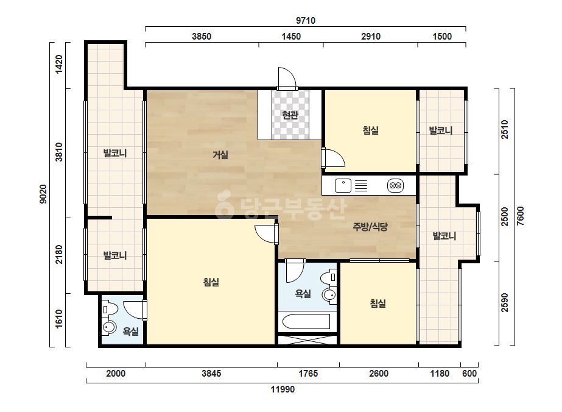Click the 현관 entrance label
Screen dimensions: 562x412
[x=290, y=115]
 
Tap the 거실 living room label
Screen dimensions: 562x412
[x=220, y=155]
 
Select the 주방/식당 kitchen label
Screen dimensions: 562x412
[x=370, y=227]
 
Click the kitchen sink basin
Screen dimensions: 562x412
[x=343, y=185]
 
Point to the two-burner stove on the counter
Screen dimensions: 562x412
[x=395, y=185]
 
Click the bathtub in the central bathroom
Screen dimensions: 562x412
[x=306, y=322]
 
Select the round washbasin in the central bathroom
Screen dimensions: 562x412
[x=329, y=295]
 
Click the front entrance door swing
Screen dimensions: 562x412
[x=287, y=77]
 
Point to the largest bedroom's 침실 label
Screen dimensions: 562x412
[x=211, y=282]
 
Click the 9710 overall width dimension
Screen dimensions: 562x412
[x=306, y=21]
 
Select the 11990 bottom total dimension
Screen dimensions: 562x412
[x=283, y=389]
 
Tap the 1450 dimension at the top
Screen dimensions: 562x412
[x=291, y=36]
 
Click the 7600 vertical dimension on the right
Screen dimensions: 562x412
[x=521, y=216]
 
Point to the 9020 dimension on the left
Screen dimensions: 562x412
[x=43, y=194]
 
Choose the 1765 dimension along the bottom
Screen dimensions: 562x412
[x=308, y=374]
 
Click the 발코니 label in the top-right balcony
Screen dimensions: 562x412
[x=441, y=130]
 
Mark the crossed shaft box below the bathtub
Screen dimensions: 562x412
[x=307, y=340]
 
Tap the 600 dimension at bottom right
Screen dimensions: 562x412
[x=469, y=374]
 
